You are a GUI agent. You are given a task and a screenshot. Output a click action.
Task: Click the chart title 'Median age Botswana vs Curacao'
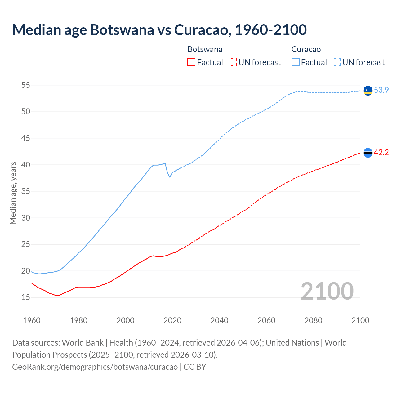tap(159, 30)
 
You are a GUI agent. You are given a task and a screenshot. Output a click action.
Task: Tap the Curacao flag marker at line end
tap(368, 91)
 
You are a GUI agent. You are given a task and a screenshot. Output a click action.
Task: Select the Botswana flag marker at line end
tap(368, 153)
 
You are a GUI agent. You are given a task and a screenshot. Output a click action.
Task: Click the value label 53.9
tap(381, 90)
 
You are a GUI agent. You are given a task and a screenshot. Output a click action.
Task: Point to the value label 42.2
tap(381, 153)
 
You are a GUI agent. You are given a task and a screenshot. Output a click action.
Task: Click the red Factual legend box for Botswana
tap(191, 62)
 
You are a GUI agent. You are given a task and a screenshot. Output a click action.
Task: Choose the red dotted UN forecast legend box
tap(233, 62)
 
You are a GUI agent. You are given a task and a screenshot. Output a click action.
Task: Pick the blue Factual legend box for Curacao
tap(295, 62)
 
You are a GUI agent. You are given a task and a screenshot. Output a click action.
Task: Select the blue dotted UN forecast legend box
tap(337, 62)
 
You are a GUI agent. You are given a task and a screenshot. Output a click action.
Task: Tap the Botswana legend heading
tap(205, 49)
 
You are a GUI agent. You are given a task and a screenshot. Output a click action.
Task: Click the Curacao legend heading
tap(306, 49)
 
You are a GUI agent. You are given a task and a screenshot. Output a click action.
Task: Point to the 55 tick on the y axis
tap(26, 85)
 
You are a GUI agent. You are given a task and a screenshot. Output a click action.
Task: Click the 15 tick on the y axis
tap(26, 297)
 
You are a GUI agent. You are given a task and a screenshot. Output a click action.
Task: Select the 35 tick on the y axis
tap(26, 191)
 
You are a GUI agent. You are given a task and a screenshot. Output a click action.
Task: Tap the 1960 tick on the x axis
tap(32, 320)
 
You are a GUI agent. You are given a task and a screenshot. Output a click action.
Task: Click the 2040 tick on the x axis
tap(219, 320)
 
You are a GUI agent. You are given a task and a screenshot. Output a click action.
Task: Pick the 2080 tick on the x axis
tap(313, 320)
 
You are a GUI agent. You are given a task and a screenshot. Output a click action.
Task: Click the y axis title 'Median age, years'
tap(13, 193)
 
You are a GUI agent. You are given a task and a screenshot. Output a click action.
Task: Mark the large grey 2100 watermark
tap(327, 291)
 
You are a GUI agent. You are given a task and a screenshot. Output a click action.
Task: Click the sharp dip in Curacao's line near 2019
tap(170, 177)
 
